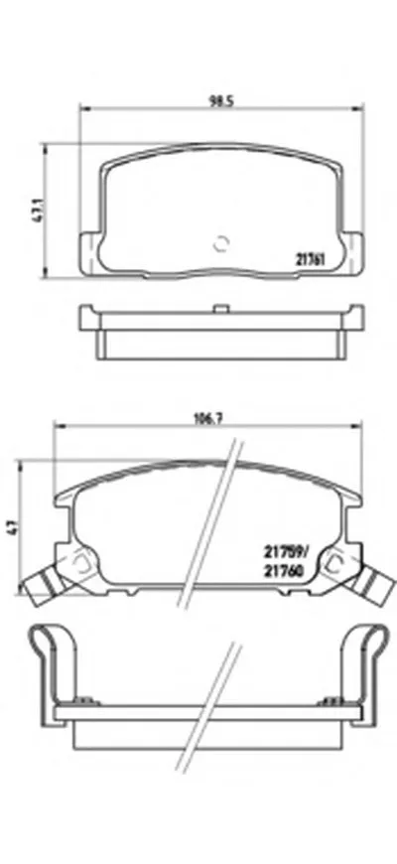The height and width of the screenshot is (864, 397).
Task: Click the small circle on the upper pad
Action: coord(222,241)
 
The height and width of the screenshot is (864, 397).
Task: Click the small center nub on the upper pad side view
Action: coord(217,310)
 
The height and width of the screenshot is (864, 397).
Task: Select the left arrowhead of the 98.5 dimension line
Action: coord(82,108)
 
